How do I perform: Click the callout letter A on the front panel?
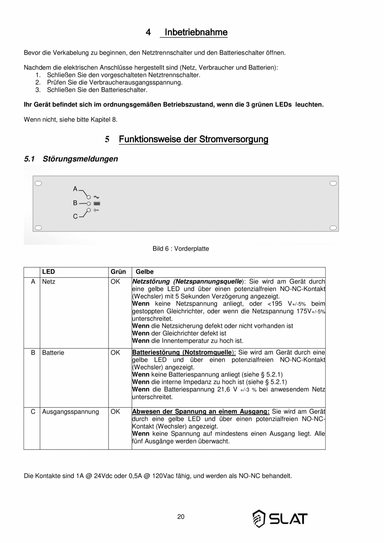tap(75, 189)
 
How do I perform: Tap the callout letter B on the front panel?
tap(75, 203)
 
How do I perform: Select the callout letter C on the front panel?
tap(75, 216)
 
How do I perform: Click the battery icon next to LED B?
tap(97, 203)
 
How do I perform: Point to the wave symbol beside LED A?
tap(96, 197)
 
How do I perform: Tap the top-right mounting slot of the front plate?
tap(333, 183)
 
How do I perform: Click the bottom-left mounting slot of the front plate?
tap(38, 228)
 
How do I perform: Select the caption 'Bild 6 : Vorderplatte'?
tap(181, 249)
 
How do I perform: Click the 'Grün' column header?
tap(118, 272)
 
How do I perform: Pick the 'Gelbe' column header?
tap(144, 272)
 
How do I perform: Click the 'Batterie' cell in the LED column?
tap(53, 353)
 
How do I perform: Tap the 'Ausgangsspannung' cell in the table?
tap(71, 412)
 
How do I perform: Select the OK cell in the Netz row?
tap(115, 282)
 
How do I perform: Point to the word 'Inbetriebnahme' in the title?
tap(196, 32)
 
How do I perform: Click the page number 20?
tap(181, 517)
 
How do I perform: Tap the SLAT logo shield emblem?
tap(259, 518)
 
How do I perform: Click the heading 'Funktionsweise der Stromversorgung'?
tap(194, 139)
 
